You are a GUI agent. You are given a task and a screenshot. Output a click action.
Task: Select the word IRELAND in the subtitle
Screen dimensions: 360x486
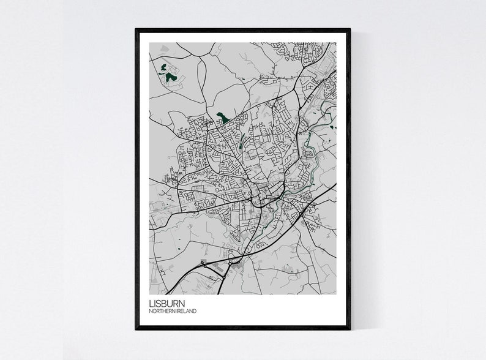186,311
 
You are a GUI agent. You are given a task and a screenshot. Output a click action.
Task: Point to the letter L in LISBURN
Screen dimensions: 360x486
151,304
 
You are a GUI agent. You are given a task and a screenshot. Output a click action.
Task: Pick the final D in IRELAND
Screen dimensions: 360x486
195,311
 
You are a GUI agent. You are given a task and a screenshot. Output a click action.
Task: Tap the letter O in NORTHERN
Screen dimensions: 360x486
154,311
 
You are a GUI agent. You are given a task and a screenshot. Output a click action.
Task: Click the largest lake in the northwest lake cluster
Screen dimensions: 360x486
171,78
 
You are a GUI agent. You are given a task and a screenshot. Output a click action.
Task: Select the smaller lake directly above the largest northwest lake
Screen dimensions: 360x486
164,67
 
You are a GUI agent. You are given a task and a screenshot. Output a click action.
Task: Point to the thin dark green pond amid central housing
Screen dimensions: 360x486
242,142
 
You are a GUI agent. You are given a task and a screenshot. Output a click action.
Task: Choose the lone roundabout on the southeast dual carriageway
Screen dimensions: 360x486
301,215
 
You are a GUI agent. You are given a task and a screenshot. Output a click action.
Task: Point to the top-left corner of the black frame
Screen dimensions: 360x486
136,29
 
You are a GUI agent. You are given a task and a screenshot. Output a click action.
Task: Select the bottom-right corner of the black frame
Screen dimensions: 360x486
350,329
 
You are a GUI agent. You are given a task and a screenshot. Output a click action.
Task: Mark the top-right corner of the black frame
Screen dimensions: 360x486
350,29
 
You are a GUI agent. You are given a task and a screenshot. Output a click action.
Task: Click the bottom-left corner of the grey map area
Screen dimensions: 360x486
149,294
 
